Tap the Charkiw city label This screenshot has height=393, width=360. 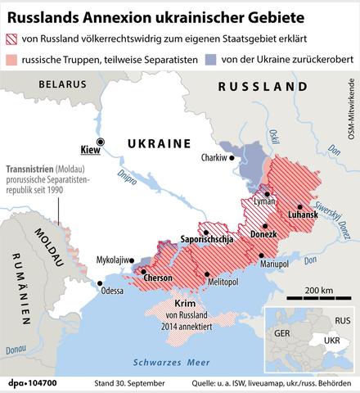point(215,158)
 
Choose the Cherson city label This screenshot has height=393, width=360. point(157,278)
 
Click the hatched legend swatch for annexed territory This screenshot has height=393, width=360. point(16,39)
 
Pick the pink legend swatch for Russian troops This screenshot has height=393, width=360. point(16,59)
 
